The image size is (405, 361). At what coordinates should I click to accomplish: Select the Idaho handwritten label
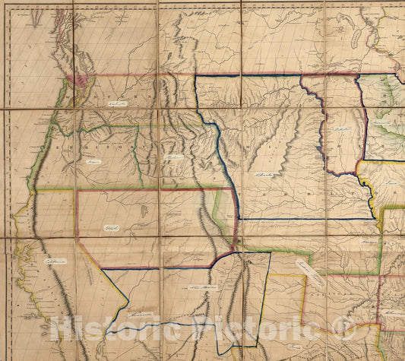pos(174,157)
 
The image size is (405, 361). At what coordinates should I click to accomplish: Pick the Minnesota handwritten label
pos(380,121)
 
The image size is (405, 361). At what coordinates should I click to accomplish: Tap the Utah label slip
pos(113,227)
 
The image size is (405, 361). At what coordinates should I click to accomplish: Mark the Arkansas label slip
pos(394,312)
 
